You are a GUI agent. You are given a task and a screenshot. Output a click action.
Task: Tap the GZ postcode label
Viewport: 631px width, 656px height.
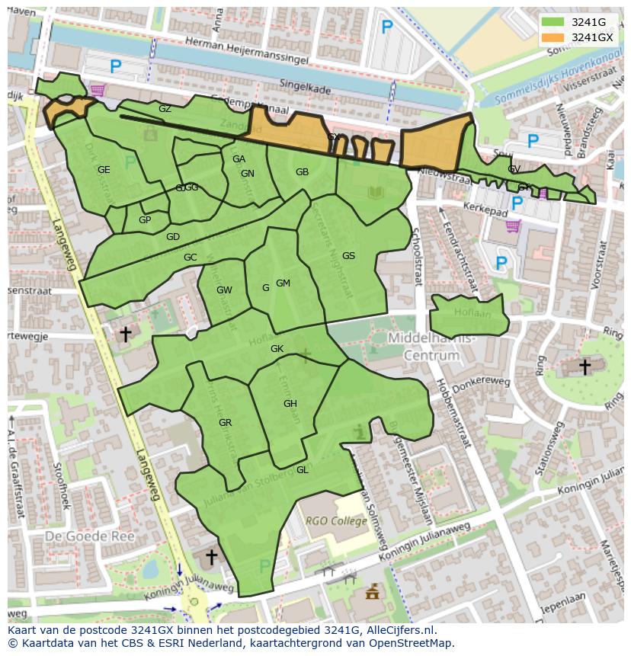click(165, 109)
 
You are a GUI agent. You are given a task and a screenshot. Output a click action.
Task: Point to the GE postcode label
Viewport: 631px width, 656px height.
click(104, 170)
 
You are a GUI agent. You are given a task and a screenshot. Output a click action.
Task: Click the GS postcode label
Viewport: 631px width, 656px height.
click(348, 256)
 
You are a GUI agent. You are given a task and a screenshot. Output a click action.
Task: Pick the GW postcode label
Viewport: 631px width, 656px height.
click(224, 290)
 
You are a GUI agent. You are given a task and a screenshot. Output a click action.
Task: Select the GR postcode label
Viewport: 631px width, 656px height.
click(225, 423)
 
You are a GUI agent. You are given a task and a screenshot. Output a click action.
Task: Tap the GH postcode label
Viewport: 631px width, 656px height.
click(290, 404)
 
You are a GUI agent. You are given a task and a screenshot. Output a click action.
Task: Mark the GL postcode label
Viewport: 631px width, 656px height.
click(302, 470)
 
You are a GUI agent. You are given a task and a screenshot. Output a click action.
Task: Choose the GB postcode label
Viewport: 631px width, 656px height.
click(302, 172)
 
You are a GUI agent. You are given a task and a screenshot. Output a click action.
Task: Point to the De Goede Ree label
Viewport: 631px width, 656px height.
click(89, 536)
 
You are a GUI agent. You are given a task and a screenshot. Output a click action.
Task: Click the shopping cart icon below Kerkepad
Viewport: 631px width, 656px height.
click(513, 226)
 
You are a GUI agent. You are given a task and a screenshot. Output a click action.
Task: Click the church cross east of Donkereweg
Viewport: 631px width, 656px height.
click(584, 367)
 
